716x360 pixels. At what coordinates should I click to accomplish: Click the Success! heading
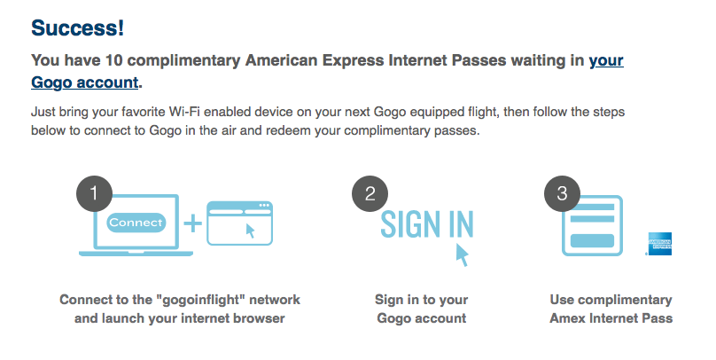tap(77, 27)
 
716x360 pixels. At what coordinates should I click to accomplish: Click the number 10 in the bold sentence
tap(114, 60)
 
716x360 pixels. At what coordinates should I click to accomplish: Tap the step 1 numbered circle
tap(94, 193)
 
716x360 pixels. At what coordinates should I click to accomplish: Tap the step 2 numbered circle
tap(370, 193)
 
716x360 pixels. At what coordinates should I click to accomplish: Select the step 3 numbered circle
tap(562, 193)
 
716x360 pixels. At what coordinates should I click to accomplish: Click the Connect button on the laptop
tap(136, 223)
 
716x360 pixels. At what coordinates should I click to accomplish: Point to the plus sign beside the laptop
tap(192, 223)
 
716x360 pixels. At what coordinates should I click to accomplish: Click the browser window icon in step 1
tap(240, 223)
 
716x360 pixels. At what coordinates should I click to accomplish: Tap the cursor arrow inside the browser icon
tap(250, 231)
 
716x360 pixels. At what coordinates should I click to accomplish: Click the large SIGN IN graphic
tap(427, 223)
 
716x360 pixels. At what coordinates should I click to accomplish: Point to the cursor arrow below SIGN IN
tap(462, 254)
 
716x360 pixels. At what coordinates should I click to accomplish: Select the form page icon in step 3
tap(593, 224)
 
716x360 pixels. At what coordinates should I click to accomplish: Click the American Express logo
tap(659, 244)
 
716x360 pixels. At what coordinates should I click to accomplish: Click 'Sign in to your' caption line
tap(422, 300)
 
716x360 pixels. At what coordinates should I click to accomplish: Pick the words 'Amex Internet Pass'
tap(611, 318)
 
